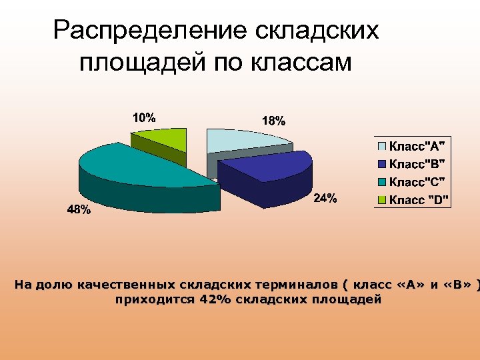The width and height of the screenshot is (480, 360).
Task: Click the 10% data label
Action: [144, 118]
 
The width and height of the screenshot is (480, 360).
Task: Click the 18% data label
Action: [273, 121]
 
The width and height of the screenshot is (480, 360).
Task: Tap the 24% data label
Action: [325, 198]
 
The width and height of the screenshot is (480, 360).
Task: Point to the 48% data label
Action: [79, 210]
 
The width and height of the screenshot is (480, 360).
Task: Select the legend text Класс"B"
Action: [419, 164]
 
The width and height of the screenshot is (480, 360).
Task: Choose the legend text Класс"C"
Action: [419, 181]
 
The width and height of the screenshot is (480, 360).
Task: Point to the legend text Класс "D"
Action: [419, 199]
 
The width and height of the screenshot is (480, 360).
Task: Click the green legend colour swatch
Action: [382, 199]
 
